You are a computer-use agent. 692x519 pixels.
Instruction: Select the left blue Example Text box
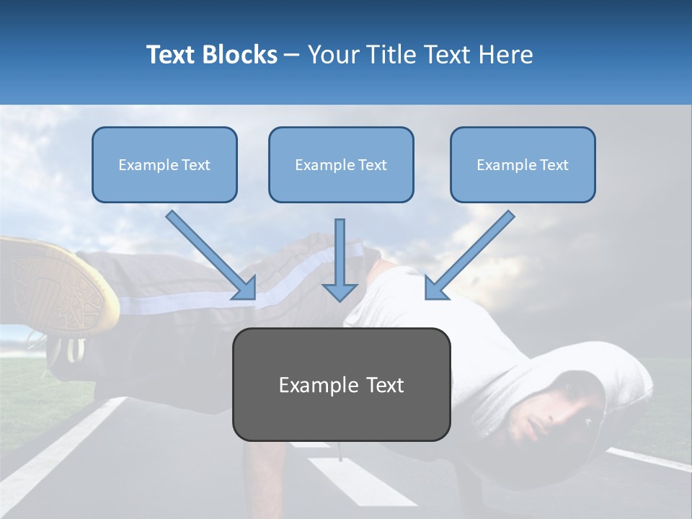pyautogui.click(x=164, y=165)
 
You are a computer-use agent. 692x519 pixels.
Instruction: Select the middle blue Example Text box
pyautogui.click(x=341, y=165)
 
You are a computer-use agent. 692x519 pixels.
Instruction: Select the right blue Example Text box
pyautogui.click(x=523, y=165)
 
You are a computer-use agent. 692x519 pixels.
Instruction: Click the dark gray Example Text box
pyautogui.click(x=341, y=384)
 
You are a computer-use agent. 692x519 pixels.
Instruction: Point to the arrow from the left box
pyautogui.click(x=211, y=255)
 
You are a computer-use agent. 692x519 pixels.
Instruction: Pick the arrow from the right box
pyautogui.click(x=470, y=255)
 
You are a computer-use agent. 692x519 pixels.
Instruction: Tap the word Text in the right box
pyautogui.click(x=554, y=165)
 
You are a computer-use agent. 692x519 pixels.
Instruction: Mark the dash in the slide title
pyautogui.click(x=292, y=55)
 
